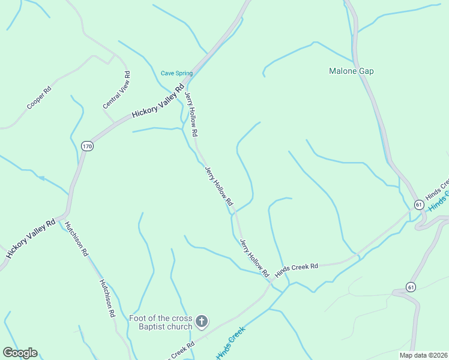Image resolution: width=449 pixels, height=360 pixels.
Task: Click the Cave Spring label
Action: click(176, 73)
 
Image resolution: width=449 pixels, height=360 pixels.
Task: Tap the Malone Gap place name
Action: click(351, 71)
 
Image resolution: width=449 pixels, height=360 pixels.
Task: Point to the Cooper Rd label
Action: click(39, 98)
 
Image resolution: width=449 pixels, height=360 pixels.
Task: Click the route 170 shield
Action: click(88, 146)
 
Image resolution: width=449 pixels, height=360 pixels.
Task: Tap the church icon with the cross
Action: click(202, 322)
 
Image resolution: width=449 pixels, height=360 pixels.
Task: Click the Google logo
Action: click(20, 353)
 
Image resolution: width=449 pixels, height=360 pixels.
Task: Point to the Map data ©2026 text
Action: click(423, 355)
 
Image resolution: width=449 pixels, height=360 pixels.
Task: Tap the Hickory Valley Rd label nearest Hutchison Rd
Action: click(30, 238)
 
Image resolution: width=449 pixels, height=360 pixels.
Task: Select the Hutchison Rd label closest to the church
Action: click(107, 298)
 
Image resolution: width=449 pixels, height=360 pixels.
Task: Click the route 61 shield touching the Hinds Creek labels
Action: click(418, 205)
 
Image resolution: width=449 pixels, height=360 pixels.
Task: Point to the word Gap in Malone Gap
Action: click(366, 71)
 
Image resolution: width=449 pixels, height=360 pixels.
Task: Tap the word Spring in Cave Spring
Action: click(184, 73)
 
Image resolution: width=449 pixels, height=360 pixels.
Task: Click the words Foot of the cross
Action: click(161, 318)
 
